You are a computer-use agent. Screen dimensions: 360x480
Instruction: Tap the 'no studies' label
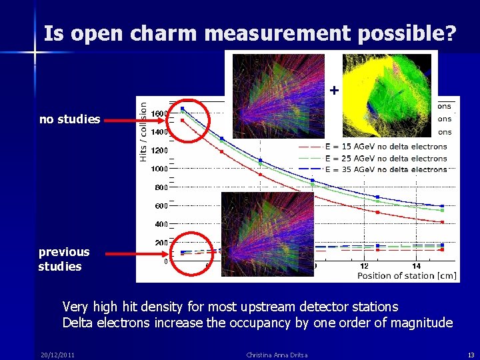[x=70, y=119]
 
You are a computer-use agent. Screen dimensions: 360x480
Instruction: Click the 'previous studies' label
[x=63, y=259]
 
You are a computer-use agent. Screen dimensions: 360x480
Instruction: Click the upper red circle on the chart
[x=188, y=121]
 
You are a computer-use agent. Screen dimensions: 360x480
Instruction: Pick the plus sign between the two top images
[x=334, y=89]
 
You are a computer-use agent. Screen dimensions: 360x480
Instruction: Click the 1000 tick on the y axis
[x=159, y=169]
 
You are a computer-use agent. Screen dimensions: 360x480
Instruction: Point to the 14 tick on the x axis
[x=417, y=266]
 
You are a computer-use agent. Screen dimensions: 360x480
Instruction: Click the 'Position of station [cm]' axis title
[x=407, y=275]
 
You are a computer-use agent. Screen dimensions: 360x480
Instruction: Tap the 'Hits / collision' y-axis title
[x=143, y=130]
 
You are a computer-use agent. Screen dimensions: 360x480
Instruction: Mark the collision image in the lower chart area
[x=267, y=233]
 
